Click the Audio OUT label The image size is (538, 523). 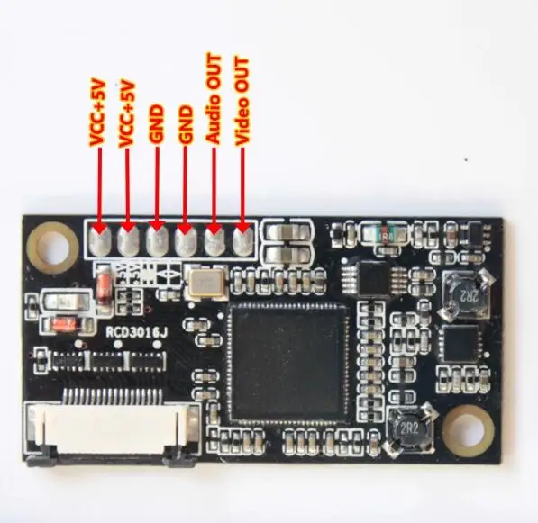[x=214, y=99]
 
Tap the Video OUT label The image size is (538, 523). [x=242, y=102]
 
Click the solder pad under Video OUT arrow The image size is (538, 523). [x=243, y=242]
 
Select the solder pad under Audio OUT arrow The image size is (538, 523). [x=214, y=242]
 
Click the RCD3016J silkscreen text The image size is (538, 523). [x=136, y=332]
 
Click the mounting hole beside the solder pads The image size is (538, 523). [x=53, y=245]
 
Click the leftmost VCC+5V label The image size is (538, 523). [x=97, y=113]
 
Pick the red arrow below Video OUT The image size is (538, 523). [x=242, y=190]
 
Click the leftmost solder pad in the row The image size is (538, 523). [x=99, y=242]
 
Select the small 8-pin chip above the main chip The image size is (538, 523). [x=373, y=278]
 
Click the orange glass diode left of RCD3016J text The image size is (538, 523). [x=67, y=324]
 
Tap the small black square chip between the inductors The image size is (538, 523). [x=460, y=344]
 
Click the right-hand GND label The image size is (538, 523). [x=186, y=123]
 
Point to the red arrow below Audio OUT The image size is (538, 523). [x=214, y=190]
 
